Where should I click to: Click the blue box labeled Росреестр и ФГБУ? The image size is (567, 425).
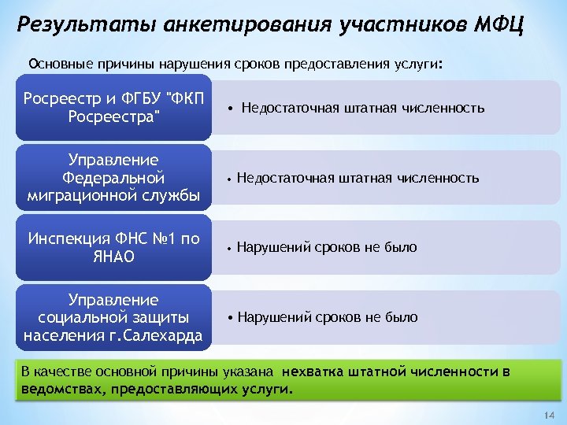pyautogui.click(x=114, y=108)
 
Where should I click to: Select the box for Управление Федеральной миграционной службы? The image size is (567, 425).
pyautogui.click(x=114, y=177)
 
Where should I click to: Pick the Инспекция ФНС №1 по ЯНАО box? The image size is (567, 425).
pyautogui.click(x=114, y=247)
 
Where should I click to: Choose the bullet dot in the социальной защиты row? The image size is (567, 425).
pyautogui.click(x=230, y=318)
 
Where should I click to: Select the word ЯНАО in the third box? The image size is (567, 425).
pyautogui.click(x=114, y=257)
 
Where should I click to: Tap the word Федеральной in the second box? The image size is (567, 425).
pyautogui.click(x=114, y=177)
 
